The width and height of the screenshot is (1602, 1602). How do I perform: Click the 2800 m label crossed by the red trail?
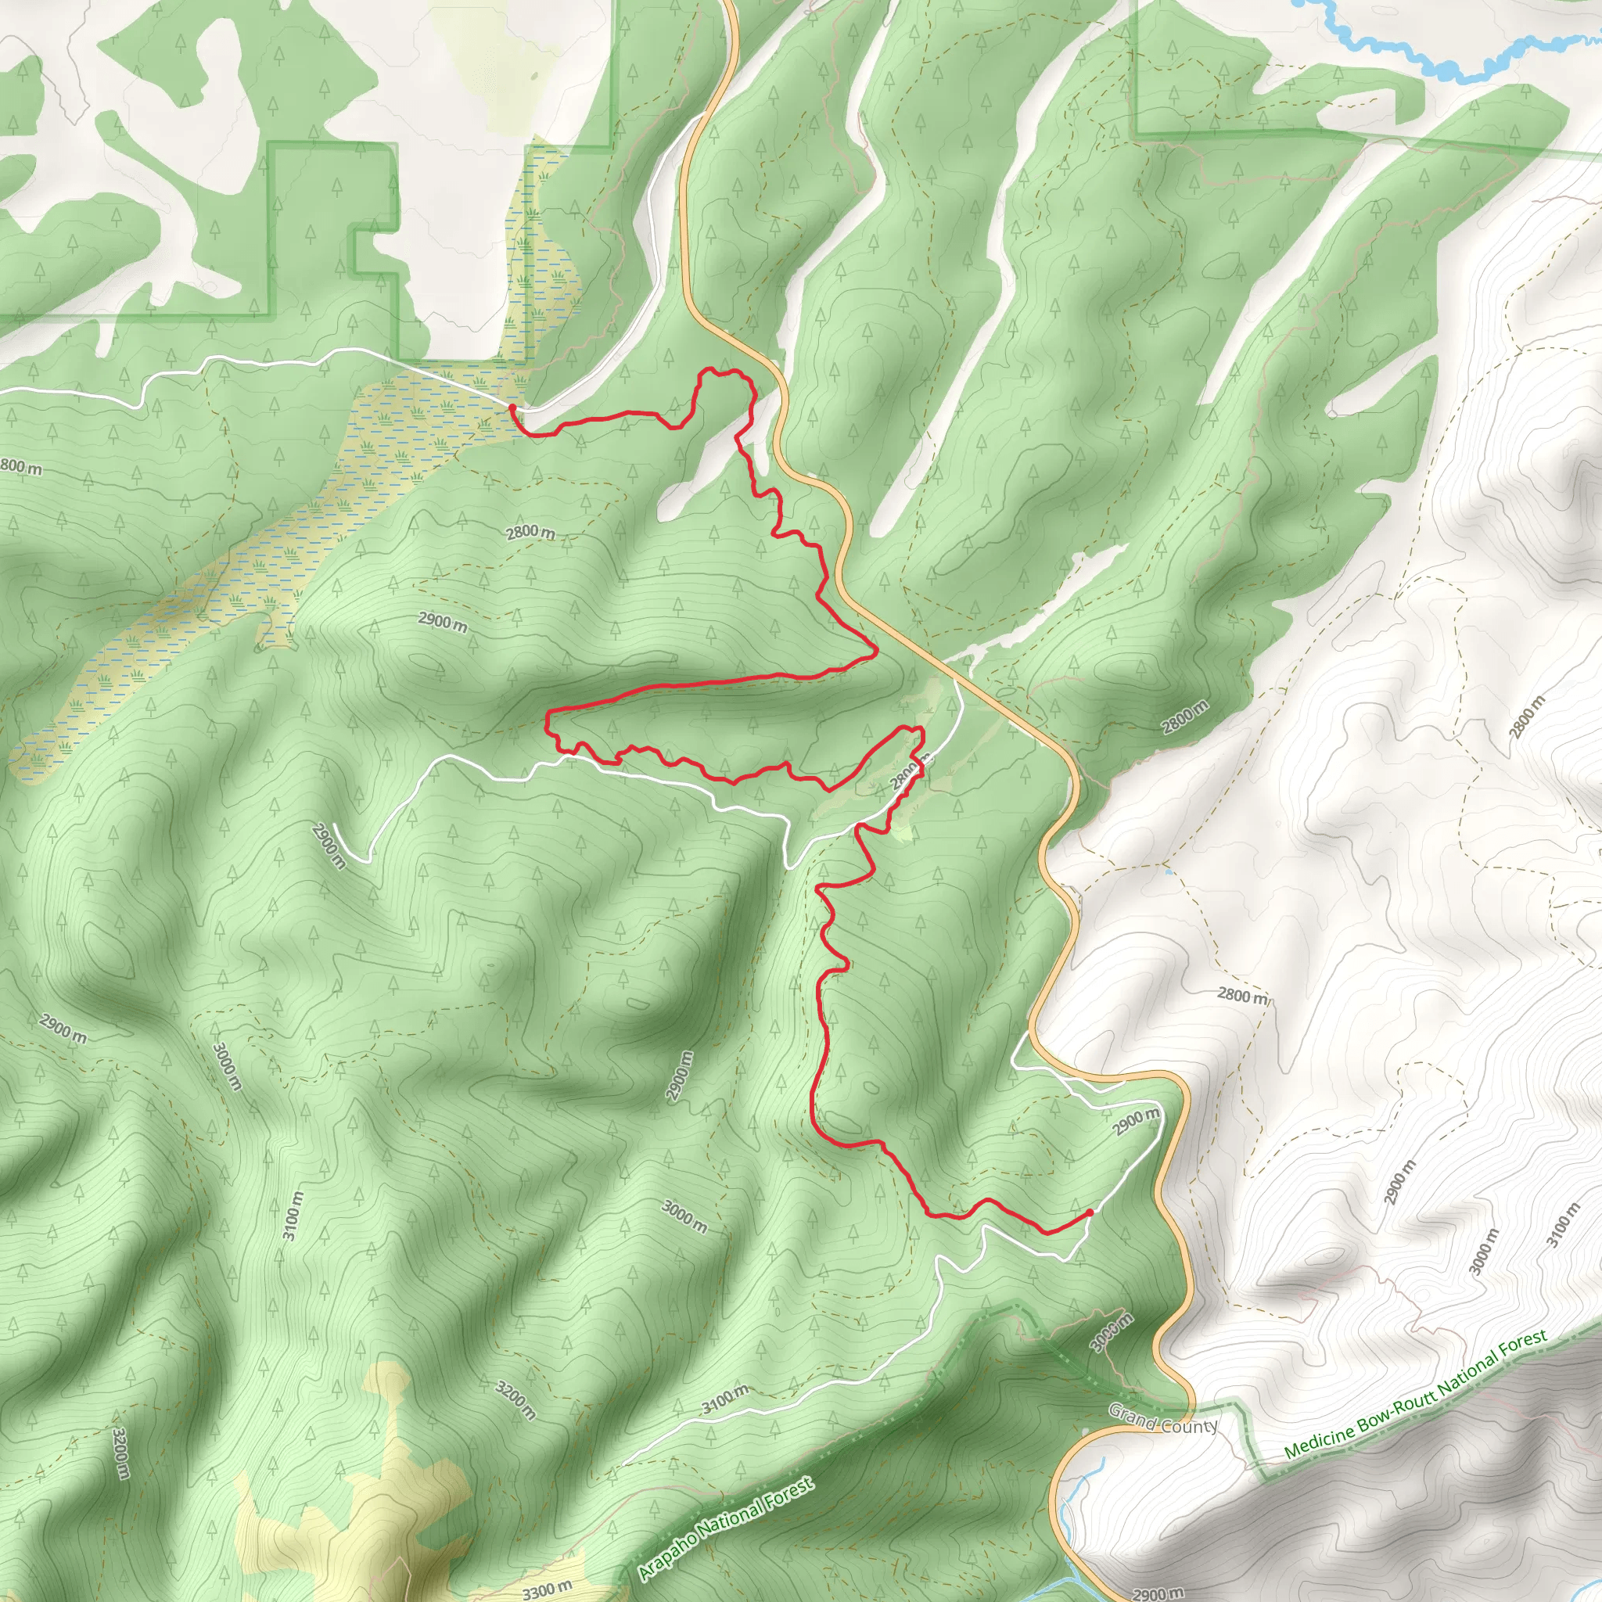click(906, 777)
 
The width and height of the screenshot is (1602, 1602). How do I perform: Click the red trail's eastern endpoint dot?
click(1089, 1212)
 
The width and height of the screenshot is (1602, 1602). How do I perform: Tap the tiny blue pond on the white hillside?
click(1168, 872)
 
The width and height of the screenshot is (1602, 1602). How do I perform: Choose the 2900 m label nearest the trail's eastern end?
click(1136, 1121)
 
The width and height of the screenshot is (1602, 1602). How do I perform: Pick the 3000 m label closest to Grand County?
click(1111, 1334)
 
